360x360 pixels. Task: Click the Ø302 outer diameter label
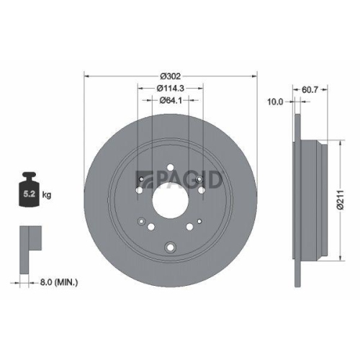pyautogui.click(x=170, y=76)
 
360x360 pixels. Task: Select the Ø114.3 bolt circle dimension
pyautogui.click(x=171, y=88)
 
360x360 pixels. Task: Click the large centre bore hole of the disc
pyautogui.click(x=171, y=198)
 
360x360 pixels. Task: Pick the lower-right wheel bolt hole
pyautogui.click(x=190, y=225)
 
